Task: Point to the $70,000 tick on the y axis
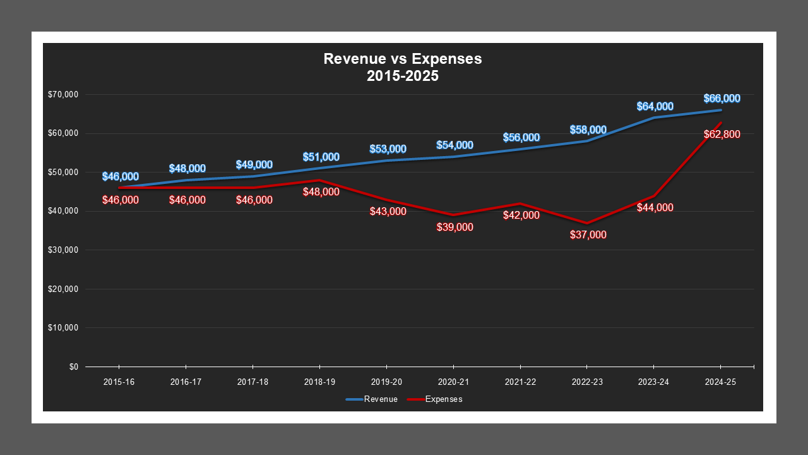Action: pyautogui.click(x=62, y=95)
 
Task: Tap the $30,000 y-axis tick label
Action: pyautogui.click(x=62, y=250)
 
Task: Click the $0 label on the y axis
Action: pyautogui.click(x=73, y=367)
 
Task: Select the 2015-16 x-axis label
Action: pyautogui.click(x=119, y=382)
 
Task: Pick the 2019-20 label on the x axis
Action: pyautogui.click(x=386, y=382)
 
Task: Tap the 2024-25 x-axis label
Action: pyautogui.click(x=720, y=382)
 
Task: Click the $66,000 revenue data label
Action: pyautogui.click(x=722, y=99)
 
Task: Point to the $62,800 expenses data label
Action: pyautogui.click(x=722, y=134)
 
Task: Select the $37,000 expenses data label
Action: pyautogui.click(x=588, y=234)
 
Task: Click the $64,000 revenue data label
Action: pyautogui.click(x=655, y=106)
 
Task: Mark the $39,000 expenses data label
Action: pyautogui.click(x=454, y=227)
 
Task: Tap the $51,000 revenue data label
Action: pyautogui.click(x=321, y=157)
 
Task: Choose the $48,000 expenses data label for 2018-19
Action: pyautogui.click(x=321, y=191)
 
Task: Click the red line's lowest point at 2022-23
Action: pyautogui.click(x=587, y=223)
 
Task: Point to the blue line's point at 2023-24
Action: pyautogui.click(x=654, y=118)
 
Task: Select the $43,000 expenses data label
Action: pyautogui.click(x=388, y=211)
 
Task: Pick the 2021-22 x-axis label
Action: pyautogui.click(x=520, y=382)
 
